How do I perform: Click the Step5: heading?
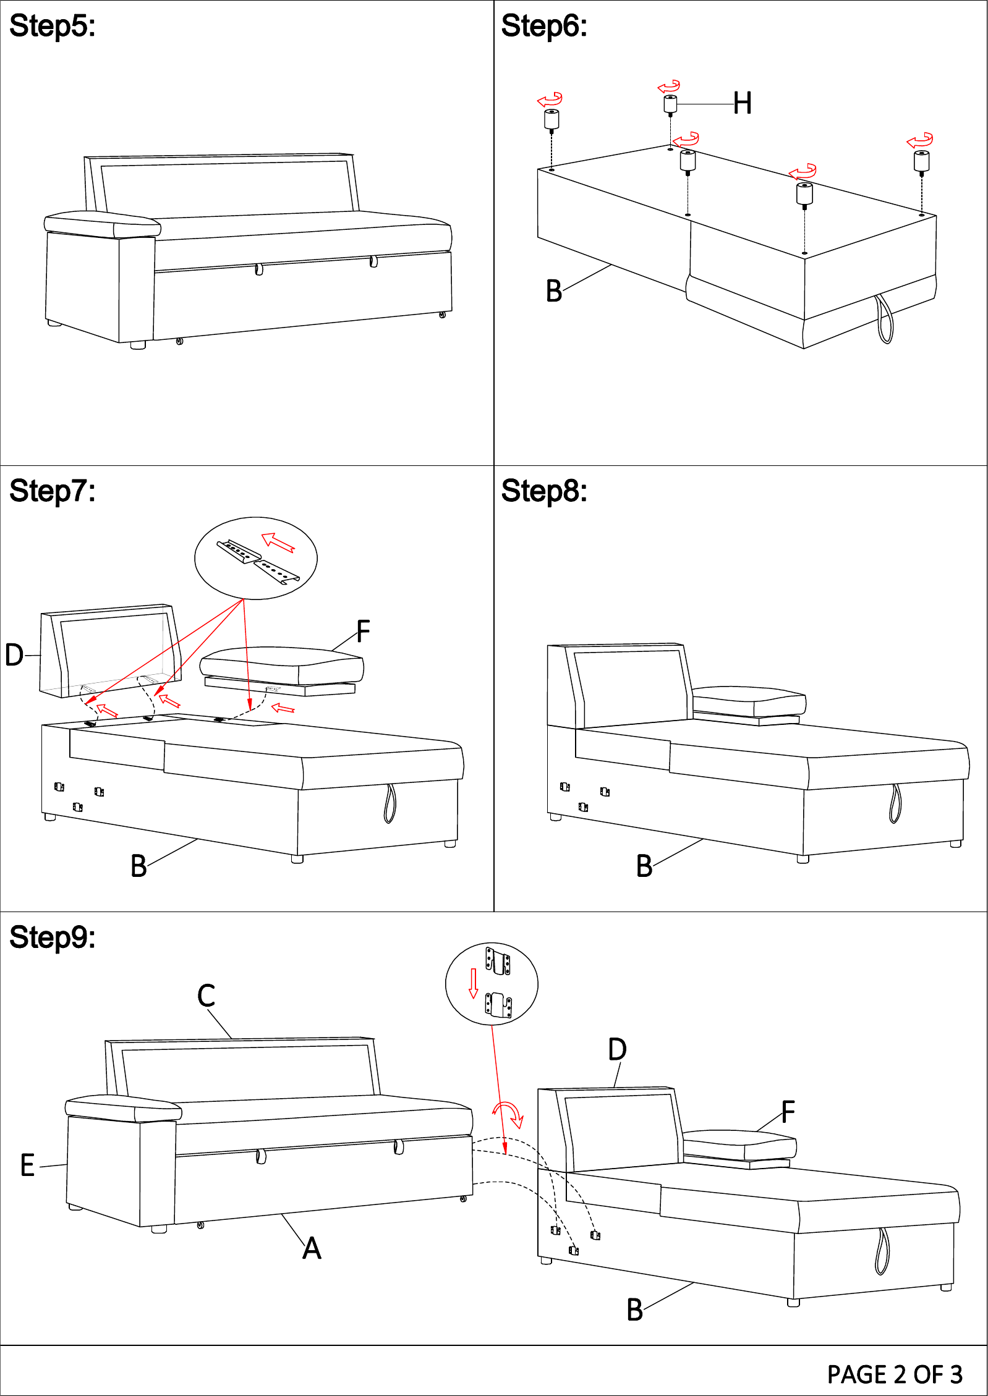tap(53, 26)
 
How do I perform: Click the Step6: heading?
tap(544, 26)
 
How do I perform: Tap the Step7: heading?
tap(53, 491)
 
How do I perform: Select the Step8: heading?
tap(544, 491)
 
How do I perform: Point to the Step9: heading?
tap(53, 937)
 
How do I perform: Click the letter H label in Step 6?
tap(743, 103)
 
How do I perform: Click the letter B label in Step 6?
tap(554, 291)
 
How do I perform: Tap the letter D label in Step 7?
tap(14, 655)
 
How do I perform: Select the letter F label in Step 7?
tap(363, 632)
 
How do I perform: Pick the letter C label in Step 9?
tap(206, 996)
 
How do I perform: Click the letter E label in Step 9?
tap(28, 1165)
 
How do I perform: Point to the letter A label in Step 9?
tap(312, 1248)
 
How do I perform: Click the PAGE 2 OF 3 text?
tap(895, 1374)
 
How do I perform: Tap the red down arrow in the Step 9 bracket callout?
tap(474, 983)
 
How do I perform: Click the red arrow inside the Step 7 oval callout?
tap(278, 542)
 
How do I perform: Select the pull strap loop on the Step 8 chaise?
tap(895, 803)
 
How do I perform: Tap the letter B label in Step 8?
tap(644, 866)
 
